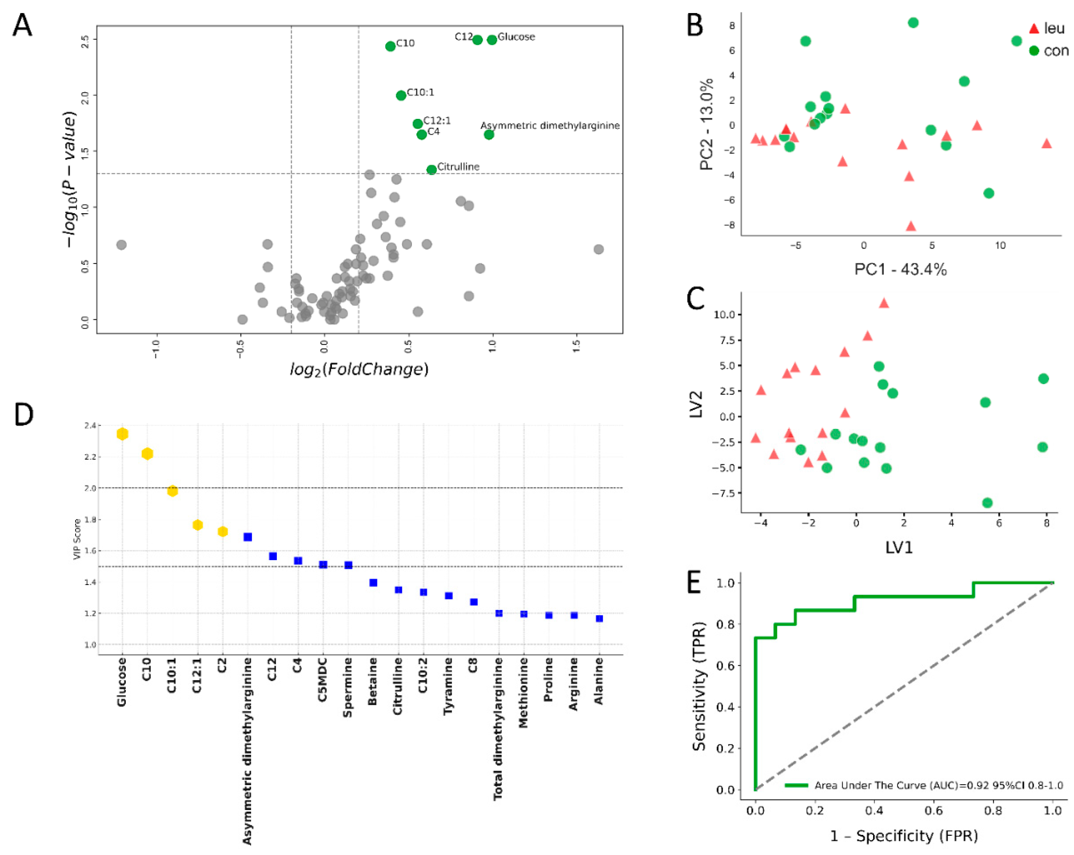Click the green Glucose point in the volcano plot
(x=492, y=40)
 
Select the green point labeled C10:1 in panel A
(x=401, y=95)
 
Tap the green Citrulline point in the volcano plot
(x=432, y=170)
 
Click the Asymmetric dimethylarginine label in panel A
(x=550, y=125)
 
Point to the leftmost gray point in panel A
(x=121, y=245)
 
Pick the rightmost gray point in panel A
(x=599, y=249)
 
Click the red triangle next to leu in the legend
(x=1034, y=29)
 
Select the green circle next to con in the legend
(x=1034, y=50)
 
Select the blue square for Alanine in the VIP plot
(x=599, y=618)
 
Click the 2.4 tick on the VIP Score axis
(x=90, y=426)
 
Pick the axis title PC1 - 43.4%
(x=900, y=270)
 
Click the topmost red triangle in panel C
(x=884, y=303)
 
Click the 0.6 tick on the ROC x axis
(x=933, y=811)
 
